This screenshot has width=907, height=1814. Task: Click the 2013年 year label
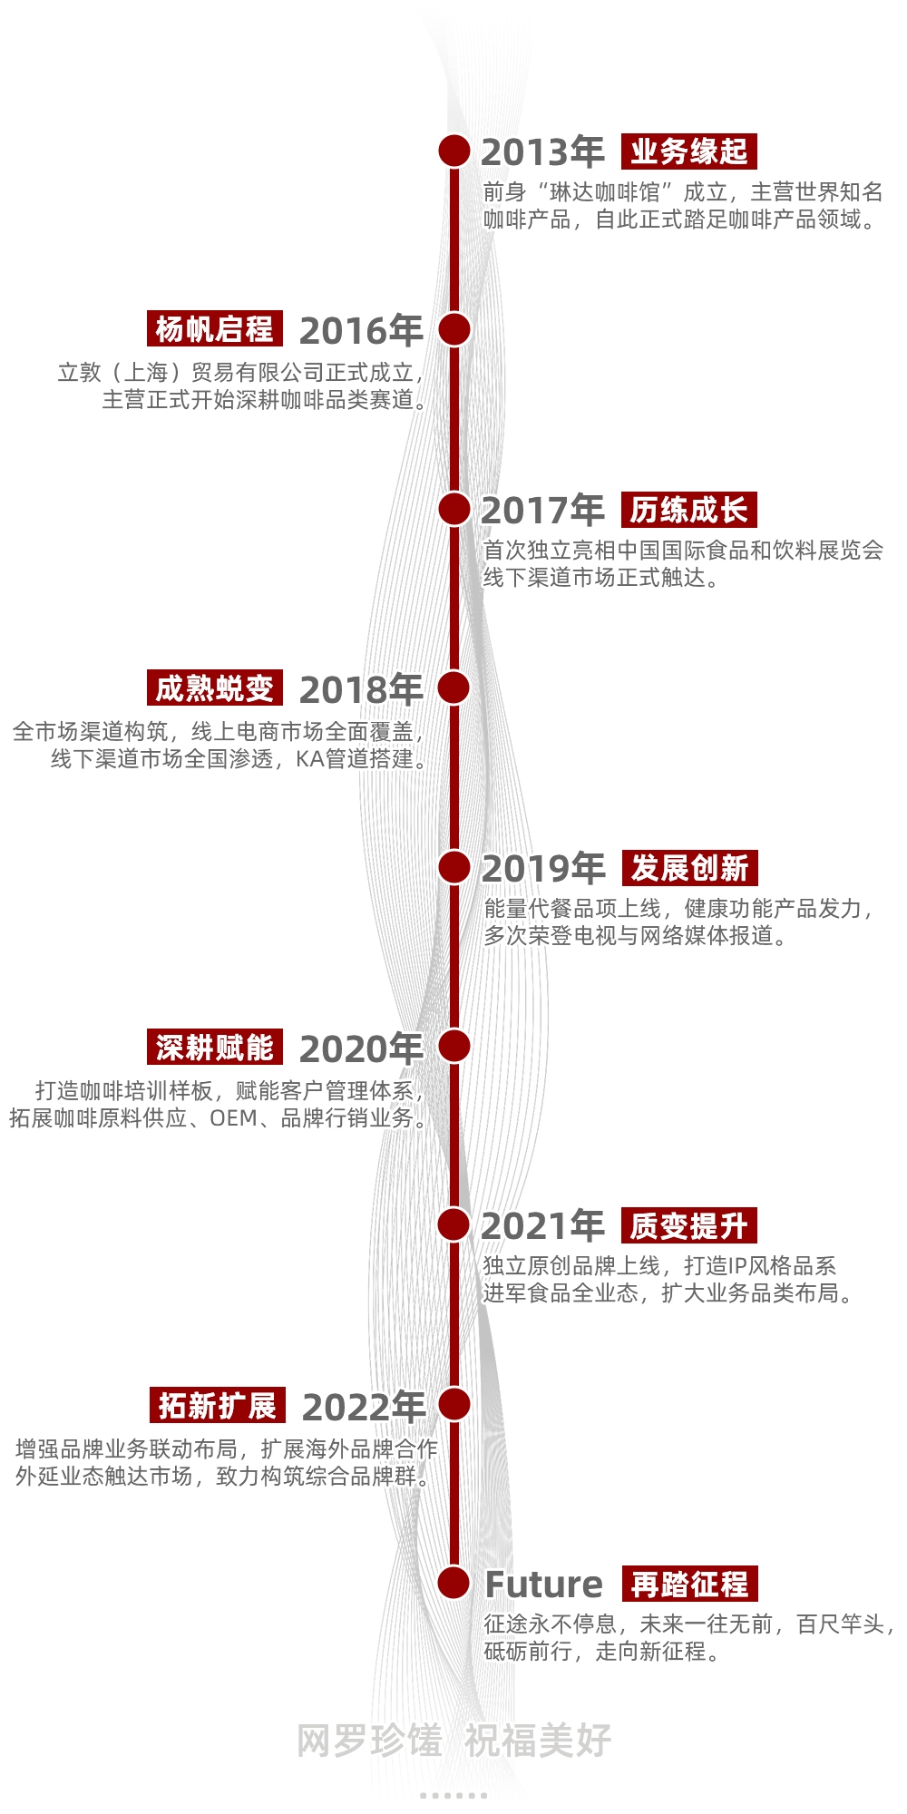(x=542, y=152)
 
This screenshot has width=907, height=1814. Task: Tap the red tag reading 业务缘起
(x=689, y=151)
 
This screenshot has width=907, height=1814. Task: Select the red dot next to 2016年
(x=454, y=329)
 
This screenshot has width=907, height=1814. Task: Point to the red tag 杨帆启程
(x=215, y=328)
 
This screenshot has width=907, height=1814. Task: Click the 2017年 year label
(x=542, y=511)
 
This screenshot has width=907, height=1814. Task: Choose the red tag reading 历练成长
(x=689, y=510)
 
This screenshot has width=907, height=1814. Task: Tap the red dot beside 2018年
(x=454, y=688)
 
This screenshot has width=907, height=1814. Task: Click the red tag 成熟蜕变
(x=215, y=688)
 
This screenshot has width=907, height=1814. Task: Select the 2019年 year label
(x=542, y=869)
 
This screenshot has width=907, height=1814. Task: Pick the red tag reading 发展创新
(x=689, y=868)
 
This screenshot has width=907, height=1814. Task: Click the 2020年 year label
(x=361, y=1049)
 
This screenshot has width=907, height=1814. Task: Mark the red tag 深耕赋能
(x=215, y=1048)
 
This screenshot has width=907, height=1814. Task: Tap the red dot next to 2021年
(x=454, y=1224)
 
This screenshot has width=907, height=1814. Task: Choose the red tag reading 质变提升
(x=689, y=1225)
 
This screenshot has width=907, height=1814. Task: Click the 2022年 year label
(x=364, y=1408)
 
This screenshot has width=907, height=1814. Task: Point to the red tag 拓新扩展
(x=218, y=1406)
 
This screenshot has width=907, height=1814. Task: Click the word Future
(x=543, y=1585)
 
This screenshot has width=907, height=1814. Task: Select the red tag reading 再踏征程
(x=689, y=1584)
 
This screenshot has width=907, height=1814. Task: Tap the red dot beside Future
(x=454, y=1583)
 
